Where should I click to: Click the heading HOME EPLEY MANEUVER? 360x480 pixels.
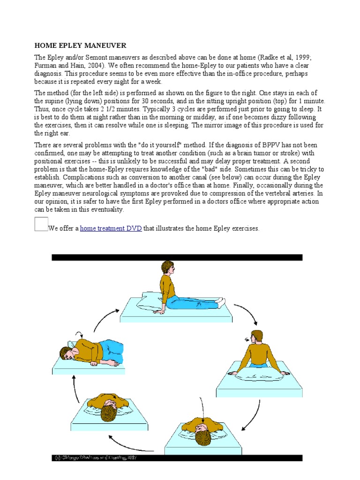tap(81, 45)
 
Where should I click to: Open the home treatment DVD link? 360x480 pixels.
tap(111, 229)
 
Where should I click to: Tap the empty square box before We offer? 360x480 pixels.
tap(41, 224)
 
